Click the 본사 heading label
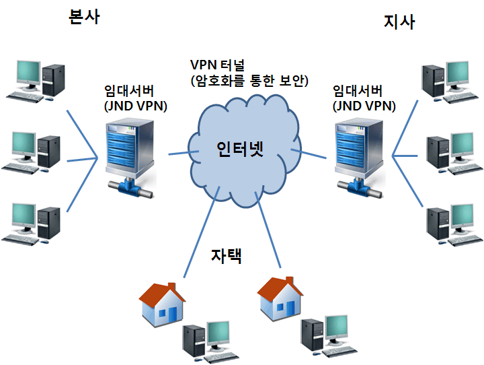pos(84,18)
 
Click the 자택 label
pos(226,256)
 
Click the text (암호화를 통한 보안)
pos(249,81)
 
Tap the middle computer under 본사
pos(34,152)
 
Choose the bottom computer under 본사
pos(34,222)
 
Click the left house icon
pos(162,304)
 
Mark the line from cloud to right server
pos(312,155)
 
